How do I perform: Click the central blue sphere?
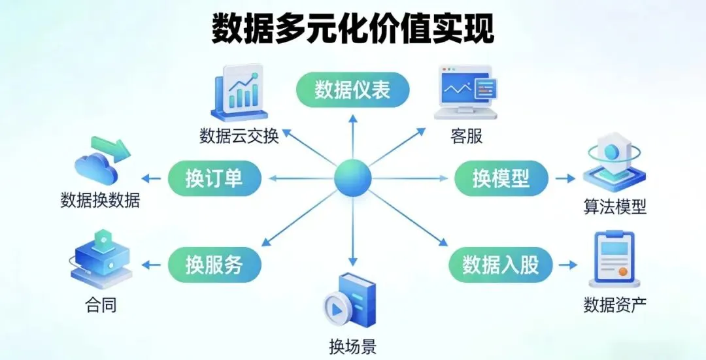click(x=353, y=178)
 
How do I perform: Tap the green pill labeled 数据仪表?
click(x=353, y=90)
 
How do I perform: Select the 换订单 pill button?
click(x=214, y=178)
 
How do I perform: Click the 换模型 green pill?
click(x=501, y=178)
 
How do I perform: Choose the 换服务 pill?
click(x=214, y=265)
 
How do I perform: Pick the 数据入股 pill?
click(x=501, y=265)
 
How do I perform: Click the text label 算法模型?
click(x=614, y=207)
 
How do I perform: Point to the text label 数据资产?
click(x=614, y=304)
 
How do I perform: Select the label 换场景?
click(x=352, y=346)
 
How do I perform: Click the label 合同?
click(x=101, y=304)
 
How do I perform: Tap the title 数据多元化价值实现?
click(x=353, y=29)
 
